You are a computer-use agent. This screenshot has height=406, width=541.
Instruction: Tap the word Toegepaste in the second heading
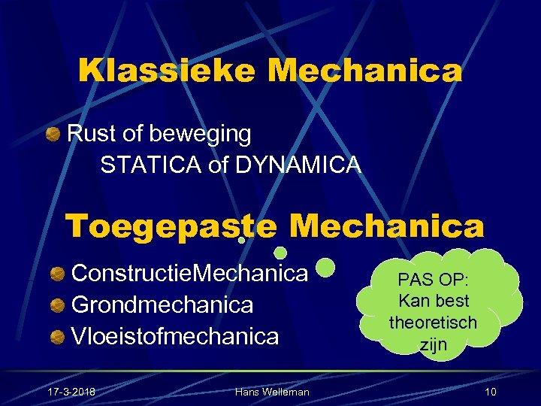pos(171,225)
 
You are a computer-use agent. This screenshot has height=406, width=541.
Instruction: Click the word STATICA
pos(150,165)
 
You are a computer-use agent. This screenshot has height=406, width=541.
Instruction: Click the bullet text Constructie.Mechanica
pos(189,273)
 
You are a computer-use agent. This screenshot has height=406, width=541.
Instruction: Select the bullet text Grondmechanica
pos(162,304)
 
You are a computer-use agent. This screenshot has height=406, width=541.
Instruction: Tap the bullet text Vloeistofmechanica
pos(174,335)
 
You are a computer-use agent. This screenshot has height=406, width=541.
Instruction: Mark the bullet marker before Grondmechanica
pos(57,304)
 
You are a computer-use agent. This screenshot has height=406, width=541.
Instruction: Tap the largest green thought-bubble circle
pos(325,266)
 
